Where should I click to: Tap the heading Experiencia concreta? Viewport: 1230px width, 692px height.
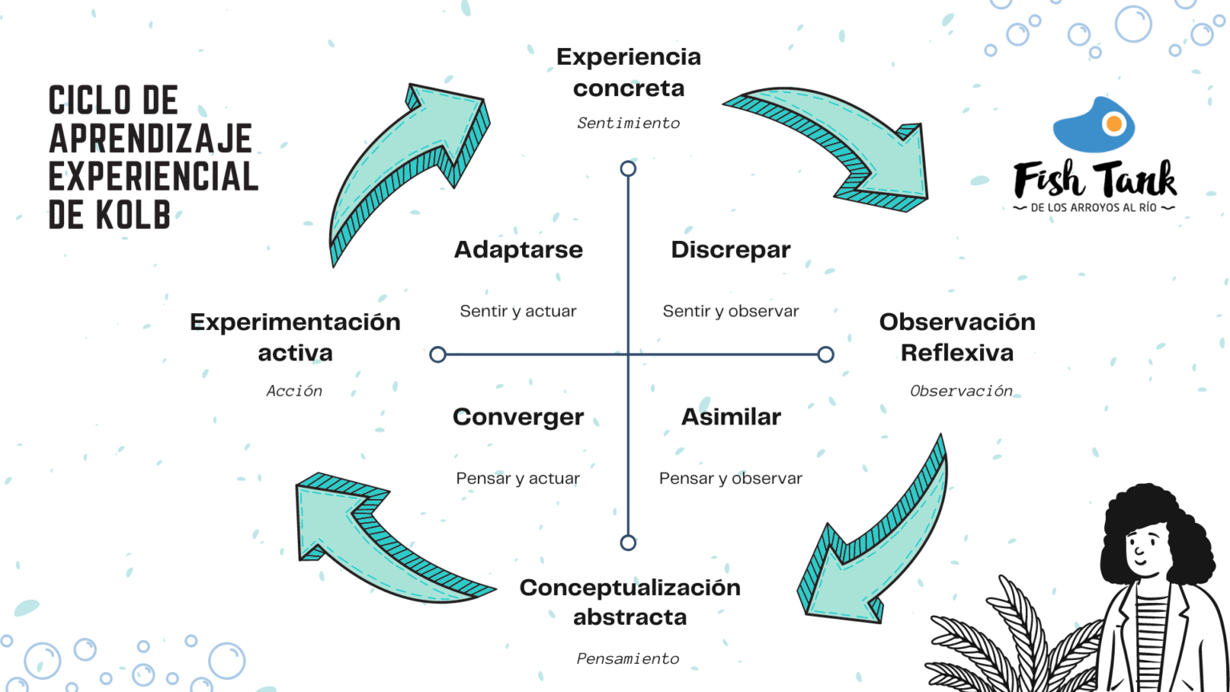click(x=629, y=72)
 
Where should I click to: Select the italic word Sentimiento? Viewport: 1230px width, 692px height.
click(x=629, y=123)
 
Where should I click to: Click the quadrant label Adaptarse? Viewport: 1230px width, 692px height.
click(x=518, y=250)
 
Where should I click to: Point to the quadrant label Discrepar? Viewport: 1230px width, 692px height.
click(x=730, y=250)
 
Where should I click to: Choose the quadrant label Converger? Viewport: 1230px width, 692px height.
click(x=518, y=417)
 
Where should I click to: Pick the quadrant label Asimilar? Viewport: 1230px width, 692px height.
click(x=730, y=417)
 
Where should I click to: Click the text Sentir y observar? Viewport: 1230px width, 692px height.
click(x=730, y=312)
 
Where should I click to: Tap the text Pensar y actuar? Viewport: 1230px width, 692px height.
click(x=518, y=479)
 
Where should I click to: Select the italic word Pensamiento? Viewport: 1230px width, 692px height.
click(x=628, y=659)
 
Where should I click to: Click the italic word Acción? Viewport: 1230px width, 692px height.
click(x=294, y=391)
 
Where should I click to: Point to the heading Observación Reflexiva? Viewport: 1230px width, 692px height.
click(x=957, y=337)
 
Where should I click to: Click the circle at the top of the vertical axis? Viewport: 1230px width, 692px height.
click(x=628, y=169)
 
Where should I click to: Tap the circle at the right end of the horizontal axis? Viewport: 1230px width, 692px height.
click(x=826, y=355)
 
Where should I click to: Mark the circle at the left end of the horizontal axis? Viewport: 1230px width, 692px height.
click(x=437, y=355)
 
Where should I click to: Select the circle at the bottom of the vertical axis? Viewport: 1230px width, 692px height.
click(x=628, y=543)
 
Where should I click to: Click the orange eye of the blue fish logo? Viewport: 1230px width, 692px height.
click(x=1113, y=124)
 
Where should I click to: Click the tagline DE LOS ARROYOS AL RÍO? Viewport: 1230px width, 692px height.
click(x=1094, y=208)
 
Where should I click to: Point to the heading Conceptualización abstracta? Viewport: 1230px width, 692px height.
click(x=630, y=602)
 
